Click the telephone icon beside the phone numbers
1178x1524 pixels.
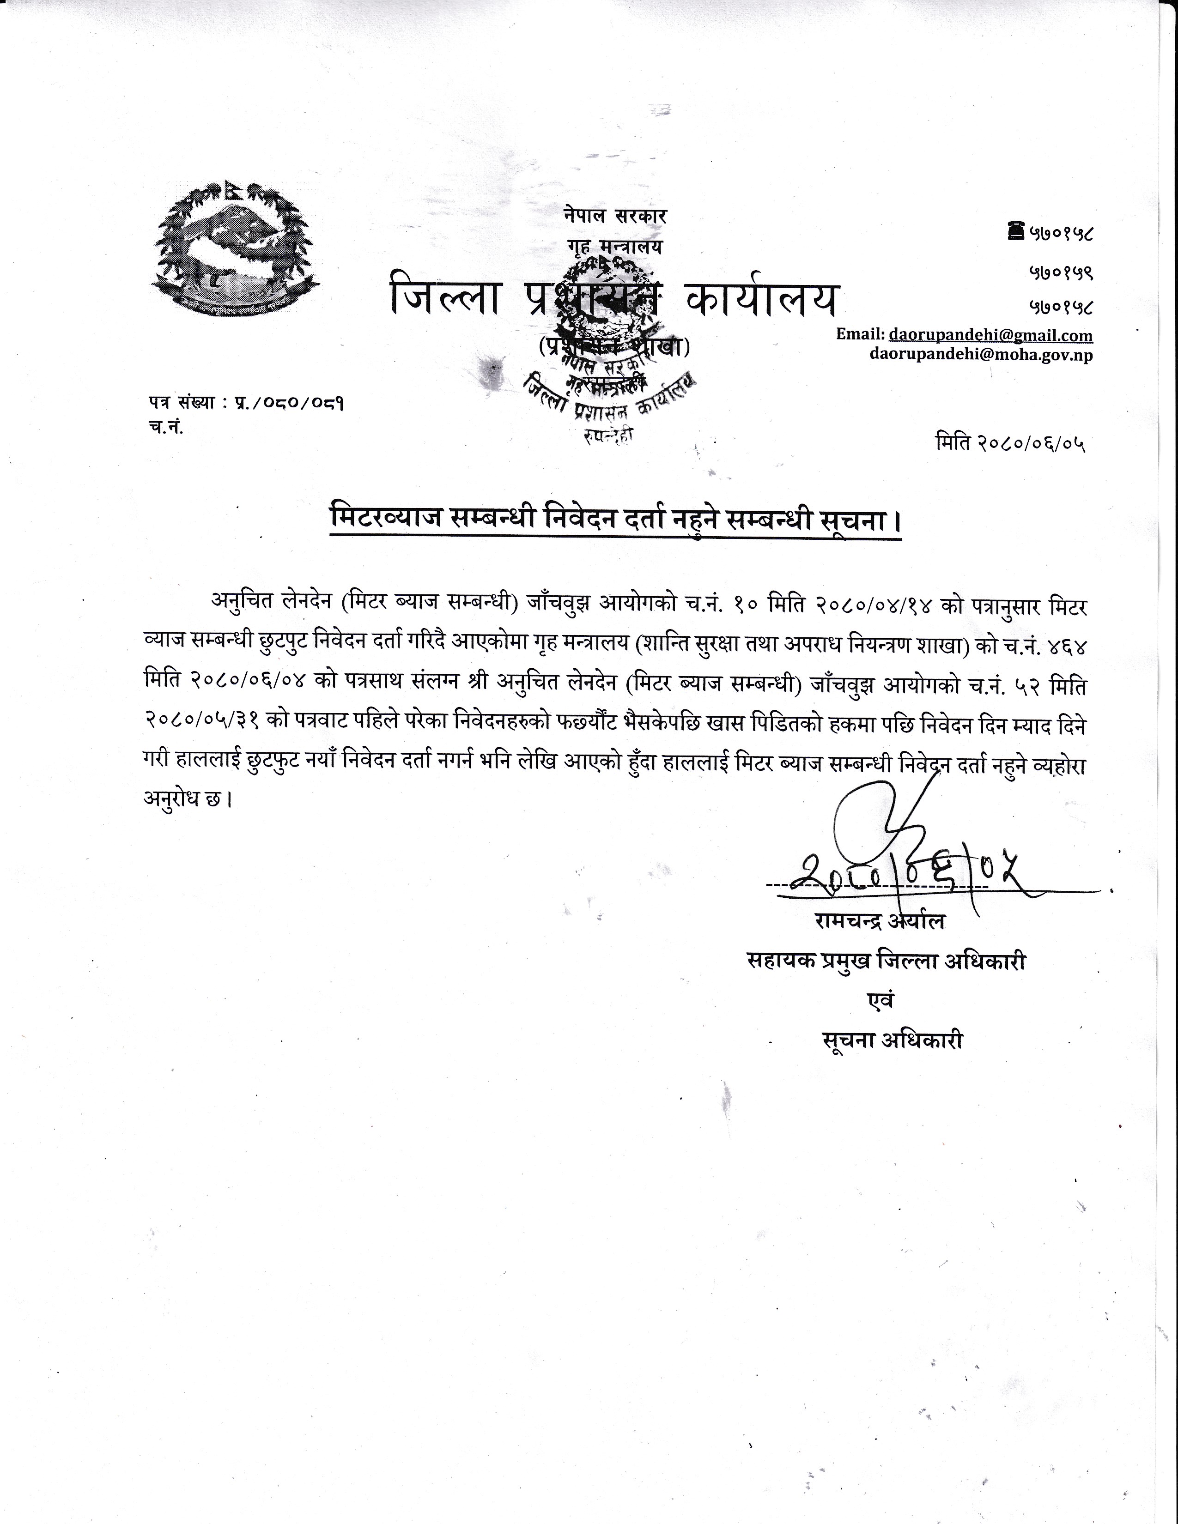click(1015, 231)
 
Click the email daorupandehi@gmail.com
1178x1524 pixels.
click(991, 336)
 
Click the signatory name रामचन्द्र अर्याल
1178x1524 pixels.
click(879, 922)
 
